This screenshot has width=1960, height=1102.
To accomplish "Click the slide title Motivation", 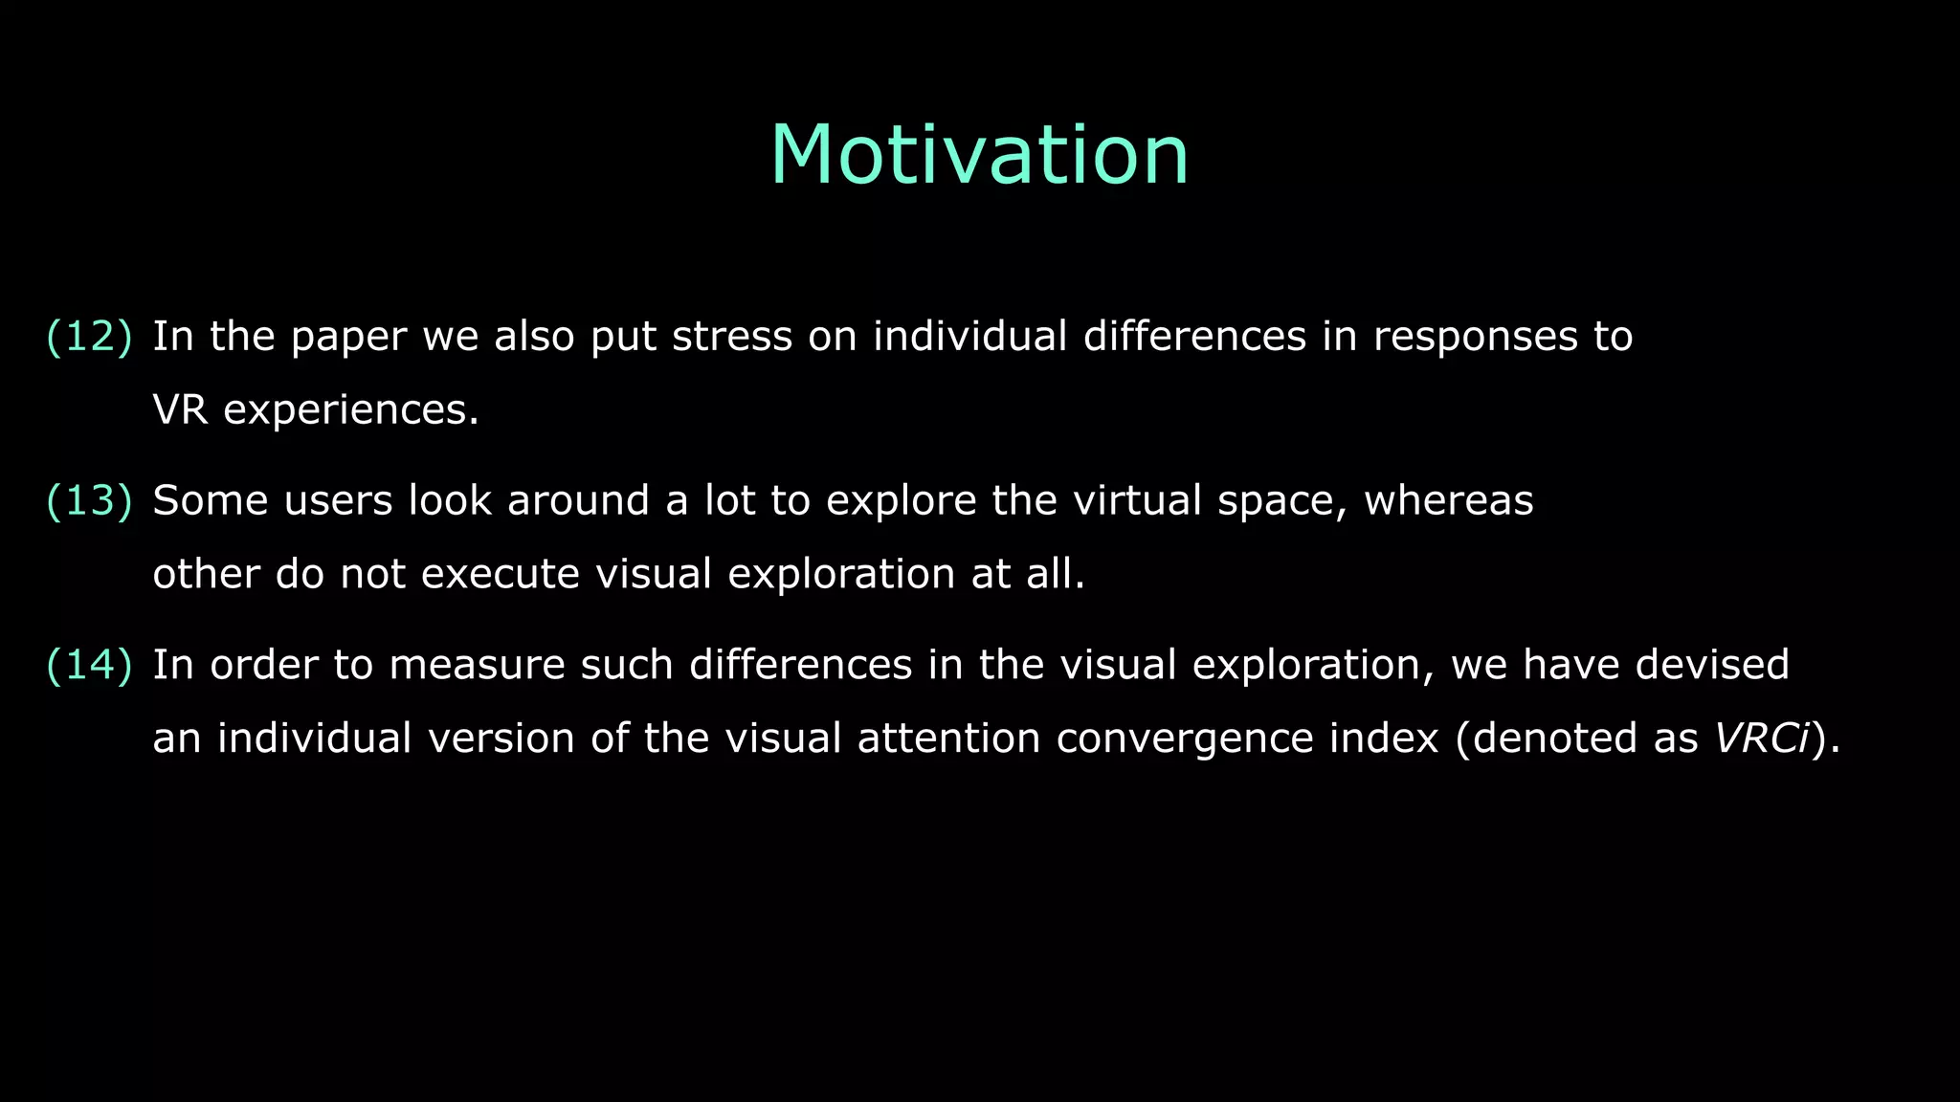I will click(x=979, y=155).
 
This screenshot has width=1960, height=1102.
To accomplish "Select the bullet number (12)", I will click(x=89, y=337).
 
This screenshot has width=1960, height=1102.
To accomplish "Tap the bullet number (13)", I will click(x=89, y=501).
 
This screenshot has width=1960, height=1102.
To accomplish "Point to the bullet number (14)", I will click(x=89, y=665).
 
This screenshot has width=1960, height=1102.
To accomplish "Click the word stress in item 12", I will click(x=732, y=337).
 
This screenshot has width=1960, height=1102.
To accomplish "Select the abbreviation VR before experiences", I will click(x=180, y=410).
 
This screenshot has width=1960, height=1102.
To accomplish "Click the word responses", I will click(x=1475, y=337).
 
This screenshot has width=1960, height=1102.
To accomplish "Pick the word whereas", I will click(x=1448, y=501).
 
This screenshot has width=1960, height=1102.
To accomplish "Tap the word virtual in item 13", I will click(x=1137, y=501).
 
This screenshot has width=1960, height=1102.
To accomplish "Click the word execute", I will click(x=501, y=575).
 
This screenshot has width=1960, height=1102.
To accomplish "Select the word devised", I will click(x=1712, y=665).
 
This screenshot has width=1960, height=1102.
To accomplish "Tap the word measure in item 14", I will click(x=477, y=665).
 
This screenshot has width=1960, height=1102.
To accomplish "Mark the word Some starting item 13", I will click(x=206, y=501).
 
